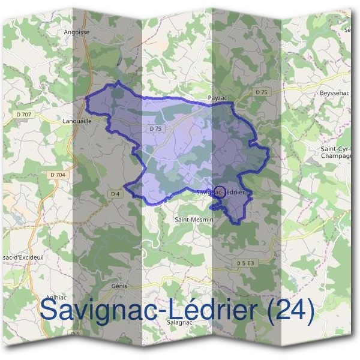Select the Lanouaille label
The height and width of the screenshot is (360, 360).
point(76,121)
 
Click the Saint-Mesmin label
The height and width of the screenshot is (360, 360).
point(194,220)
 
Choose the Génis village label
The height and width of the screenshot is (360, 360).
point(120,286)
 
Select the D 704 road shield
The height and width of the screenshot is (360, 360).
point(58,175)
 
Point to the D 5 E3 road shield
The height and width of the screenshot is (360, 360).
point(245,263)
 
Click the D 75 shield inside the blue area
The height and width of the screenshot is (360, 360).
point(154,128)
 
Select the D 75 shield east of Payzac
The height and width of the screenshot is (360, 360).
point(260,92)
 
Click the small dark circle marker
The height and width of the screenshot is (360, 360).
point(220,193)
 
